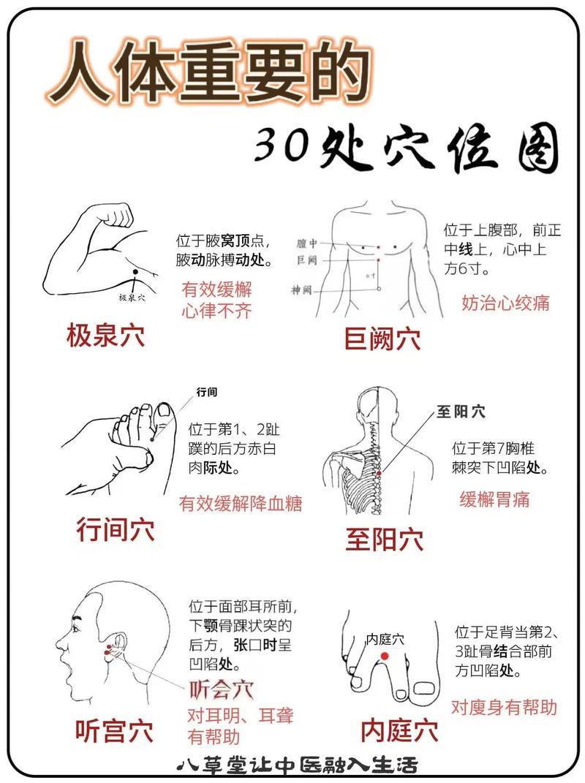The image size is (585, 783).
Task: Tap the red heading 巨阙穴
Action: click(382, 338)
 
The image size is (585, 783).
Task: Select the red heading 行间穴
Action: click(116, 529)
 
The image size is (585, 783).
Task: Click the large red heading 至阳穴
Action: click(385, 540)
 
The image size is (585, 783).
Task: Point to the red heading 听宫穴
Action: click(114, 730)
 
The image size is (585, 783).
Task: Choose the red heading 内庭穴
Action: click(399, 730)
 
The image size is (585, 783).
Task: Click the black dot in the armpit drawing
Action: click(135, 273)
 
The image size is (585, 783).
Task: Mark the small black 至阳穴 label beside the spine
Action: click(461, 412)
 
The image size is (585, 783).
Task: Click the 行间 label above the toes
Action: click(207, 393)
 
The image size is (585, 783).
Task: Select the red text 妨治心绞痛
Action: click(505, 302)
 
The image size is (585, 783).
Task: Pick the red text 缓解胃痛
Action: click(494, 499)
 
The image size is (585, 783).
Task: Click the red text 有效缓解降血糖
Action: click(241, 504)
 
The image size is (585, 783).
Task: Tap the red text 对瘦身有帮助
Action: click(504, 707)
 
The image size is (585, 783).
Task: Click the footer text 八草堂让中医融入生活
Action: click(298, 765)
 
